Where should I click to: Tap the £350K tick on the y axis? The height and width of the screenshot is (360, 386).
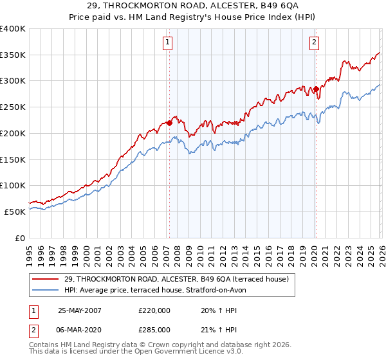coord(13,55)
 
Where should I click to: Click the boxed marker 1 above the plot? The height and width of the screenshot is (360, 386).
coord(168,43)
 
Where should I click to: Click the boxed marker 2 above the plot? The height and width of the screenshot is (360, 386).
coord(314,43)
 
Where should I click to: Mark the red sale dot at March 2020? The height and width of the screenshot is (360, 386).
coord(315,89)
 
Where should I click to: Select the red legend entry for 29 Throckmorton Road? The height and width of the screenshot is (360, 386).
coord(181,279)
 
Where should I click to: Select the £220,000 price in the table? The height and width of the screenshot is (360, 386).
coord(154,310)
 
